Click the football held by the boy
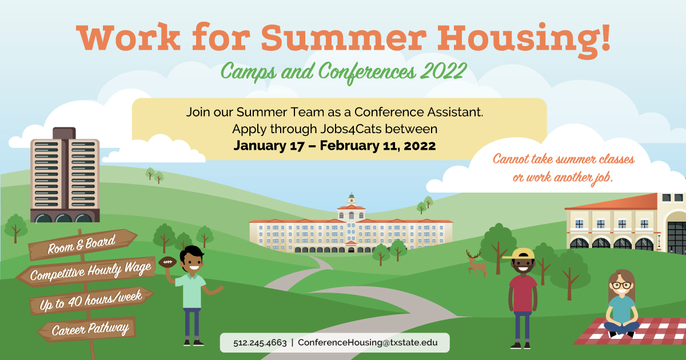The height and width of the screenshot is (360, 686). pos(167,263)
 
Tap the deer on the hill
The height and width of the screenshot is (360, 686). pos(476,263)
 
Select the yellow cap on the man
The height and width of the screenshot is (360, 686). pos(520,253)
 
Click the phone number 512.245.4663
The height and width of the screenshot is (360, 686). pos(260,343)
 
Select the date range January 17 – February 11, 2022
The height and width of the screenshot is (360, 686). pos(334,146)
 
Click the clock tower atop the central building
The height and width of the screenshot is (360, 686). pos(351,201)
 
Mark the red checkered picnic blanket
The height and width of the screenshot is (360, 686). pos(640,336)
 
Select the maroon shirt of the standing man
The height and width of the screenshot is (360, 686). pos(523,293)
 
